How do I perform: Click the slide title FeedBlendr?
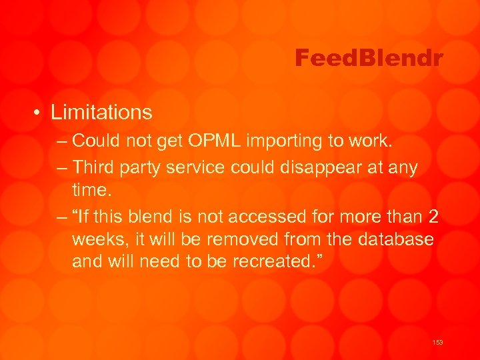pos(369,59)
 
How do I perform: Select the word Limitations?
pos(101,112)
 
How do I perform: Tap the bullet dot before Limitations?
pos(40,113)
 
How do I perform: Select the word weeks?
pos(97,238)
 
